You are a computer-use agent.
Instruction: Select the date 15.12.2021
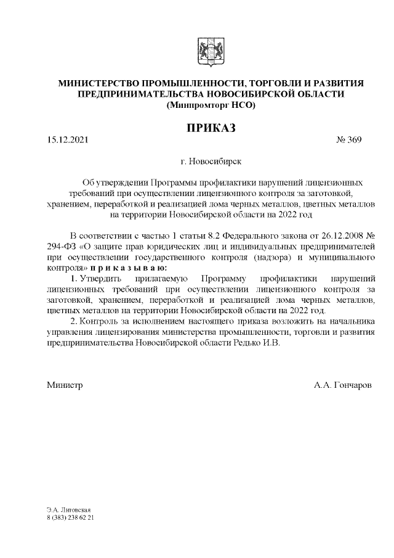[x=67, y=141]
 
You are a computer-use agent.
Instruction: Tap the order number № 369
[x=348, y=141]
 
